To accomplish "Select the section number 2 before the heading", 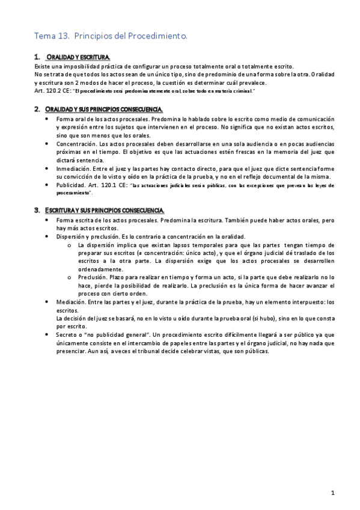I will click(37, 108).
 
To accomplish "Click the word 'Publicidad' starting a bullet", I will click(71, 186).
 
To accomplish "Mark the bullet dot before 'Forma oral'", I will click(47, 119).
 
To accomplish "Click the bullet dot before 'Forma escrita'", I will click(47, 221).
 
